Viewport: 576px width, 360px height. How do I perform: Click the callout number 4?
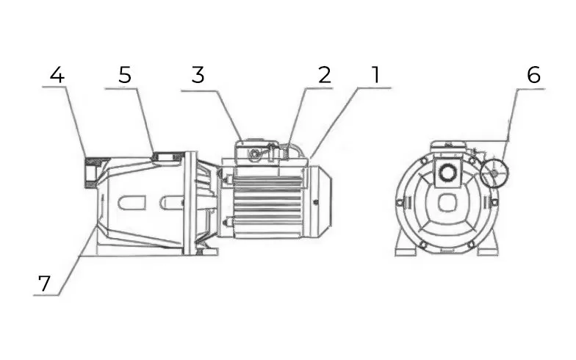pyautogui.click(x=57, y=75)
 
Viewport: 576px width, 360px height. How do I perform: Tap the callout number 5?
pyautogui.click(x=125, y=75)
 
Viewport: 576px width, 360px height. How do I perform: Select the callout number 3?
pyautogui.click(x=198, y=75)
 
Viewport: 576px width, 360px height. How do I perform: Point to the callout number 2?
pyautogui.click(x=325, y=75)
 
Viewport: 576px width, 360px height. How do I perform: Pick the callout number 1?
pyautogui.click(x=375, y=75)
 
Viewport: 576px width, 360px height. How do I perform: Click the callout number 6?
pyautogui.click(x=533, y=75)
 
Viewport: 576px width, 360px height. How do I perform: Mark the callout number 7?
pyautogui.click(x=44, y=284)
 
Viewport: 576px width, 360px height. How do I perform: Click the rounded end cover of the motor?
pyautogui.click(x=320, y=202)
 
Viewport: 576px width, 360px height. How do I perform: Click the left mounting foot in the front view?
pyautogui.click(x=405, y=245)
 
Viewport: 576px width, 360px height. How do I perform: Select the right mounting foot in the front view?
pyautogui.click(x=489, y=245)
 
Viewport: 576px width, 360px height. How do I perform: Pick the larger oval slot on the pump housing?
pyautogui.click(x=131, y=203)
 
